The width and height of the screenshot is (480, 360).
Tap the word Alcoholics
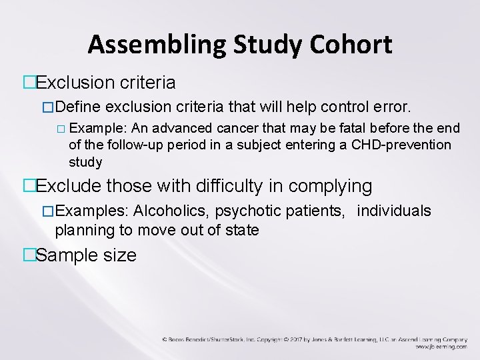(x=168, y=211)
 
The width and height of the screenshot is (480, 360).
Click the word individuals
(x=394, y=211)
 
